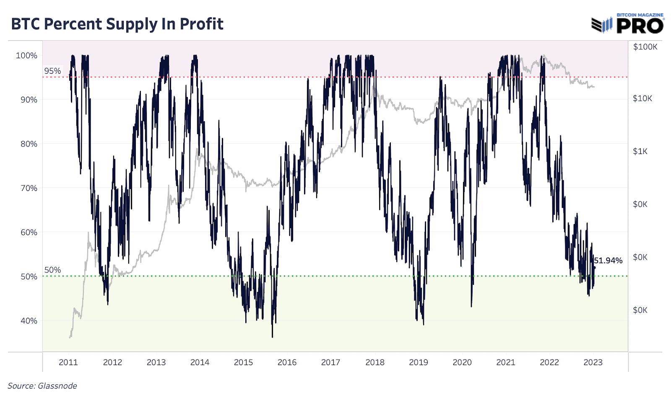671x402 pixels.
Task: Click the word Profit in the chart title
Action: point(201,24)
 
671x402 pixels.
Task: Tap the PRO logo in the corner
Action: point(640,26)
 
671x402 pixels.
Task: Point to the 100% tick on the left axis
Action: point(26,56)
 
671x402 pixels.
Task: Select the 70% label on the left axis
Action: point(29,188)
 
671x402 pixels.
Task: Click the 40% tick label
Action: point(29,321)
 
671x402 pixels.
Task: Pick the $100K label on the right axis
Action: point(645,47)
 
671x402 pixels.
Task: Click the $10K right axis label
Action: point(642,98)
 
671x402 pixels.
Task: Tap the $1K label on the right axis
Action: point(640,151)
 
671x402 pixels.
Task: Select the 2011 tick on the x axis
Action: point(68,362)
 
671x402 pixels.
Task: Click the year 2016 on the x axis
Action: point(287,362)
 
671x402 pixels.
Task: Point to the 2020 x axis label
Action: point(462,362)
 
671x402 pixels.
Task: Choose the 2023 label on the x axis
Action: point(593,362)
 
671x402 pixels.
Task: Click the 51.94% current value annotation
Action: point(608,260)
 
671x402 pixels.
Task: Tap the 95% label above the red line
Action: point(52,71)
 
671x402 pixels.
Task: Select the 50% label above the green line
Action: point(52,270)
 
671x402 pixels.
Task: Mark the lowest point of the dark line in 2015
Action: point(272,337)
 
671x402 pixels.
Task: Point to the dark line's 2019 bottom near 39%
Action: point(423,324)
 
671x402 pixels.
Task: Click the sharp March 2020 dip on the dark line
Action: point(471,307)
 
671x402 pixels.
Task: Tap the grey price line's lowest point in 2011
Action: point(70,338)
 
